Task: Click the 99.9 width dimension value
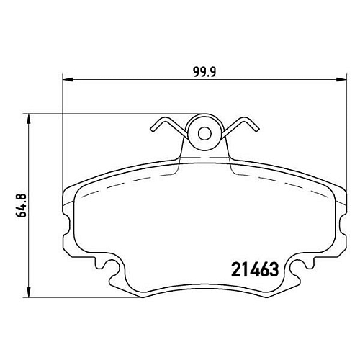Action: click(204, 72)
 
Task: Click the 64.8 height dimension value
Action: click(22, 206)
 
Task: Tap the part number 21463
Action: click(255, 269)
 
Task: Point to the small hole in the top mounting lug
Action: click(204, 133)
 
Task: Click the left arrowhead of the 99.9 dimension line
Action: click(68, 80)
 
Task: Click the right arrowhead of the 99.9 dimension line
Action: click(342, 80)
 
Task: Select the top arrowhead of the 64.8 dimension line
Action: click(29, 119)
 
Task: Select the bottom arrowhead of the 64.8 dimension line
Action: click(29, 292)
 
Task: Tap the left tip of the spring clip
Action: click(152, 130)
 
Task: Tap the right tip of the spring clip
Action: click(257, 130)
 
